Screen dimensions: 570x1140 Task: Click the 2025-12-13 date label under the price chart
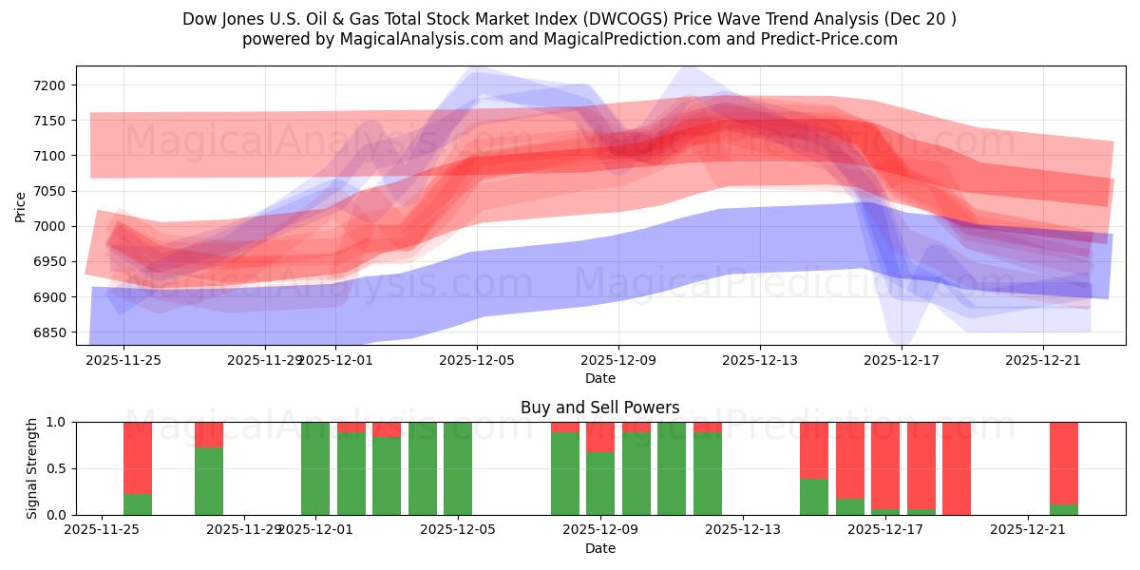point(759,360)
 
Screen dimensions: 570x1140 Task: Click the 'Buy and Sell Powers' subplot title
point(599,408)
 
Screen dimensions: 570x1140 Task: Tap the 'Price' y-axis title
point(21,205)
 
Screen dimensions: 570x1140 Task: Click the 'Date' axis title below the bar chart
point(599,548)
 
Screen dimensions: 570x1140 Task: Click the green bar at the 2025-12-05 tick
point(458,468)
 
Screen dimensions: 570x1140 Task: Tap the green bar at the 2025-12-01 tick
point(315,468)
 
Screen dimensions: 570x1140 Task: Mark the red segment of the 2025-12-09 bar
point(600,437)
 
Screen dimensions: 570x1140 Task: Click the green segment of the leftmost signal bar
point(138,504)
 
